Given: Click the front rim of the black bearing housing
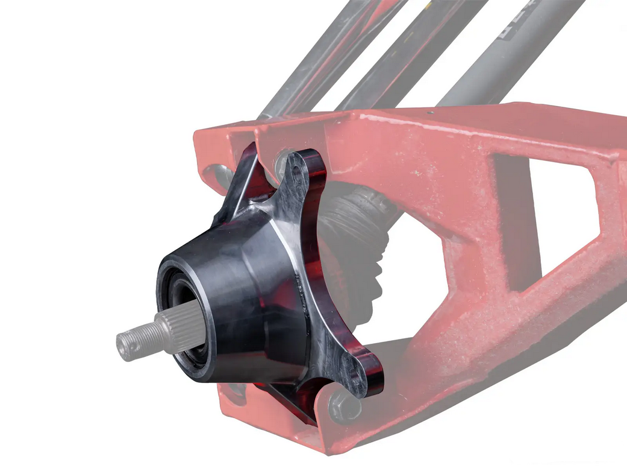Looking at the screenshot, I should [169, 265].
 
